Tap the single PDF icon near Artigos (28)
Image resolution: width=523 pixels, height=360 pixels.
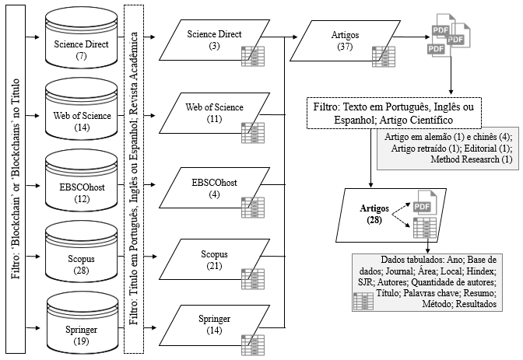[422, 207]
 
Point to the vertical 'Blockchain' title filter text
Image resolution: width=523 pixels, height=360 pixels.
[12, 178]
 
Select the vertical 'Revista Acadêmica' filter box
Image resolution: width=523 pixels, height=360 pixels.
[135, 178]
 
